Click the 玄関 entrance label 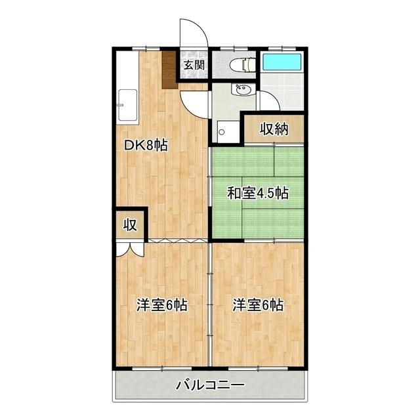tap(194, 65)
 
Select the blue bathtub tap(282, 62)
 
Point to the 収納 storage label tap(274, 129)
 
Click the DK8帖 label tap(146, 146)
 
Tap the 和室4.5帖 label tap(258, 193)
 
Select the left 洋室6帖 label tap(162, 304)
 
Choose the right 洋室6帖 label tap(258, 304)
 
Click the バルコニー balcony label tap(210, 386)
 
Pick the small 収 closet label tap(130, 225)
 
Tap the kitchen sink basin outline tap(128, 105)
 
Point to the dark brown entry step tap(169, 70)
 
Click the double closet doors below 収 tap(130, 249)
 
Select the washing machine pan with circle tap(228, 132)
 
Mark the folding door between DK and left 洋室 tap(178, 240)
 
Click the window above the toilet tap(234, 49)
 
